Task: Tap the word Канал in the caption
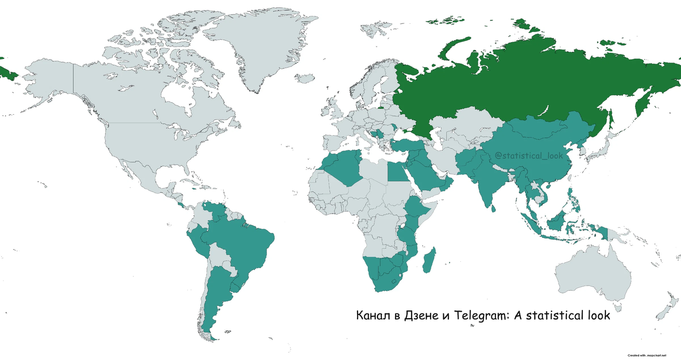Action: pos(372,316)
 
